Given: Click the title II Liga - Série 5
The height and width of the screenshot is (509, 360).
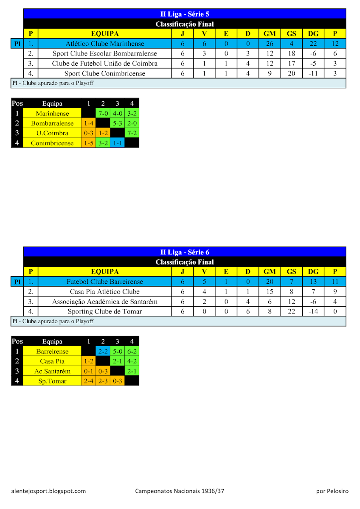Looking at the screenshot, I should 185,14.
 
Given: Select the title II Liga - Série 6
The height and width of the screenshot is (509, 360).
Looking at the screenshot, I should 185,252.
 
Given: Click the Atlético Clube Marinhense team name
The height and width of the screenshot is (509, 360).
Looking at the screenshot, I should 105,44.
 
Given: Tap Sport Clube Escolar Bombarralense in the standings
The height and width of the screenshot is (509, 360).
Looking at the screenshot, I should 105,53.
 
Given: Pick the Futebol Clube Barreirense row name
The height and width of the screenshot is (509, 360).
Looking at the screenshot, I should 105,282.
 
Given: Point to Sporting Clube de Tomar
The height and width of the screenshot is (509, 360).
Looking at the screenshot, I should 105,311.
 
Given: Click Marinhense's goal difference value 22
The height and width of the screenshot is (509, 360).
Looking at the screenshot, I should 313,44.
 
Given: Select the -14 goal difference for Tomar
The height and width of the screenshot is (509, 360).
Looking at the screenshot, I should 313,311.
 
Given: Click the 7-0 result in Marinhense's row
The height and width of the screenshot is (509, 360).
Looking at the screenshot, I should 103,113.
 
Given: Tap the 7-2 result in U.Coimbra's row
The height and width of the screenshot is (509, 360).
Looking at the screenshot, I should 132,133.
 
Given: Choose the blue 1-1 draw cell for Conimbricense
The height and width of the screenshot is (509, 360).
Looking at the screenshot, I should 117,143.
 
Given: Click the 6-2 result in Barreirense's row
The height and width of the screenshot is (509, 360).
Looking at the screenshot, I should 132,351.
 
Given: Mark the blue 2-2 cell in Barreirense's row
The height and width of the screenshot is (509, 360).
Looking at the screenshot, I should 103,351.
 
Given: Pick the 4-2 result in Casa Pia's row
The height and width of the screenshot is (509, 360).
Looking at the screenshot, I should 132,361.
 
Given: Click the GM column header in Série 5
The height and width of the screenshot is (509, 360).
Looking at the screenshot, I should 270,34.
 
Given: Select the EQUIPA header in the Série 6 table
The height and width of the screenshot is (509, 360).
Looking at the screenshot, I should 105,271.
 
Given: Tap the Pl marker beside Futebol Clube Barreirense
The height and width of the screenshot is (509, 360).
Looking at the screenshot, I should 17,282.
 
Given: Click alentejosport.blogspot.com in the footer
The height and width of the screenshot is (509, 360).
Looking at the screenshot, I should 48,491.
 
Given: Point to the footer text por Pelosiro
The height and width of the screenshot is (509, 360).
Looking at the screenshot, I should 332,491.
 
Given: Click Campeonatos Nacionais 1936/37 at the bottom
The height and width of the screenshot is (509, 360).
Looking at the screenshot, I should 179,491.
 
